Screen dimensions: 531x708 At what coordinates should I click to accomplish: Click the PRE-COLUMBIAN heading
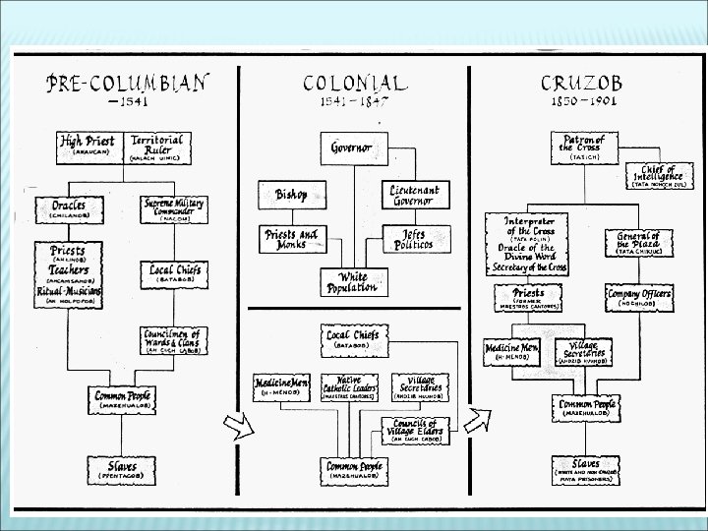pyautogui.click(x=127, y=83)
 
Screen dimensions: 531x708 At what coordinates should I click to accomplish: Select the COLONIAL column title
pyautogui.click(x=354, y=84)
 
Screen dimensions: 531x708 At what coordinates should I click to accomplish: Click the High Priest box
pyautogui.click(x=88, y=147)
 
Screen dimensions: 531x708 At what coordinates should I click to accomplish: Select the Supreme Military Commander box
pyautogui.click(x=174, y=209)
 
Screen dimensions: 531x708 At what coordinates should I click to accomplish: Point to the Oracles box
pyautogui.click(x=69, y=209)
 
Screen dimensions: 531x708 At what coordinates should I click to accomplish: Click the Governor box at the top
pyautogui.click(x=351, y=148)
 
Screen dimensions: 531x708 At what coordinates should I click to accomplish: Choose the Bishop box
pyautogui.click(x=291, y=195)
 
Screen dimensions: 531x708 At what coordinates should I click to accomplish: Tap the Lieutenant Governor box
pyautogui.click(x=414, y=195)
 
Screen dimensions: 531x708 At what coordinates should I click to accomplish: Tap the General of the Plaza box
pyautogui.click(x=640, y=242)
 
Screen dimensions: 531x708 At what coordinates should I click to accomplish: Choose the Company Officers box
pyautogui.click(x=640, y=297)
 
